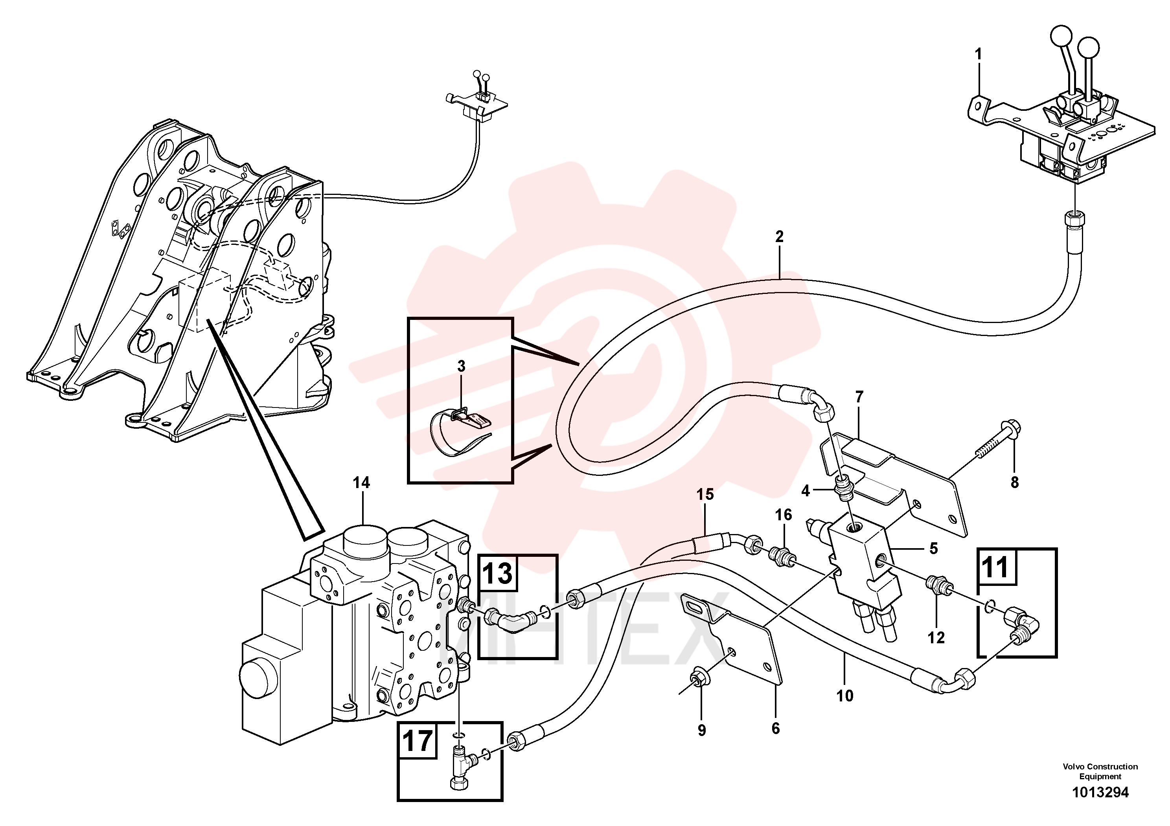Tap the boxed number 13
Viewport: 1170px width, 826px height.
497,573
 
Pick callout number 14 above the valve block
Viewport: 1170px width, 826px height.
361,483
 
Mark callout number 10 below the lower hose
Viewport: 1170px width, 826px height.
844,696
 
